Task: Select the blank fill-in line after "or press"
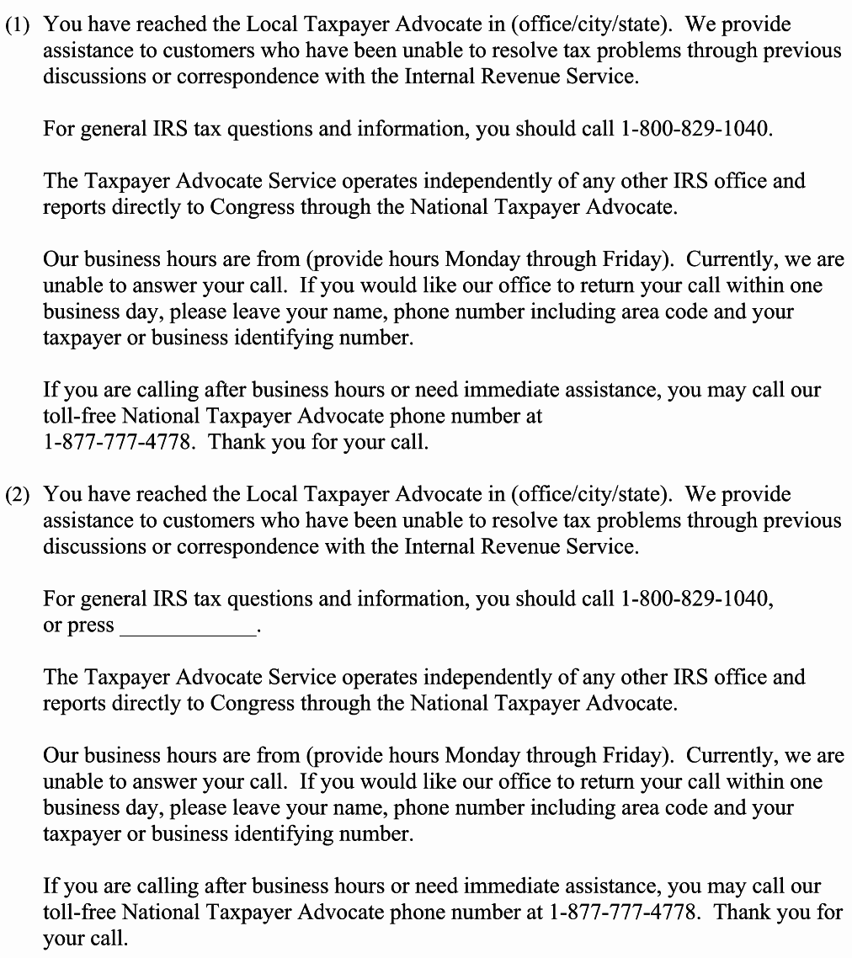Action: (188, 628)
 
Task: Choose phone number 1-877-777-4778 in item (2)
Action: (624, 912)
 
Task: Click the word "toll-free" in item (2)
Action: (80, 912)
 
